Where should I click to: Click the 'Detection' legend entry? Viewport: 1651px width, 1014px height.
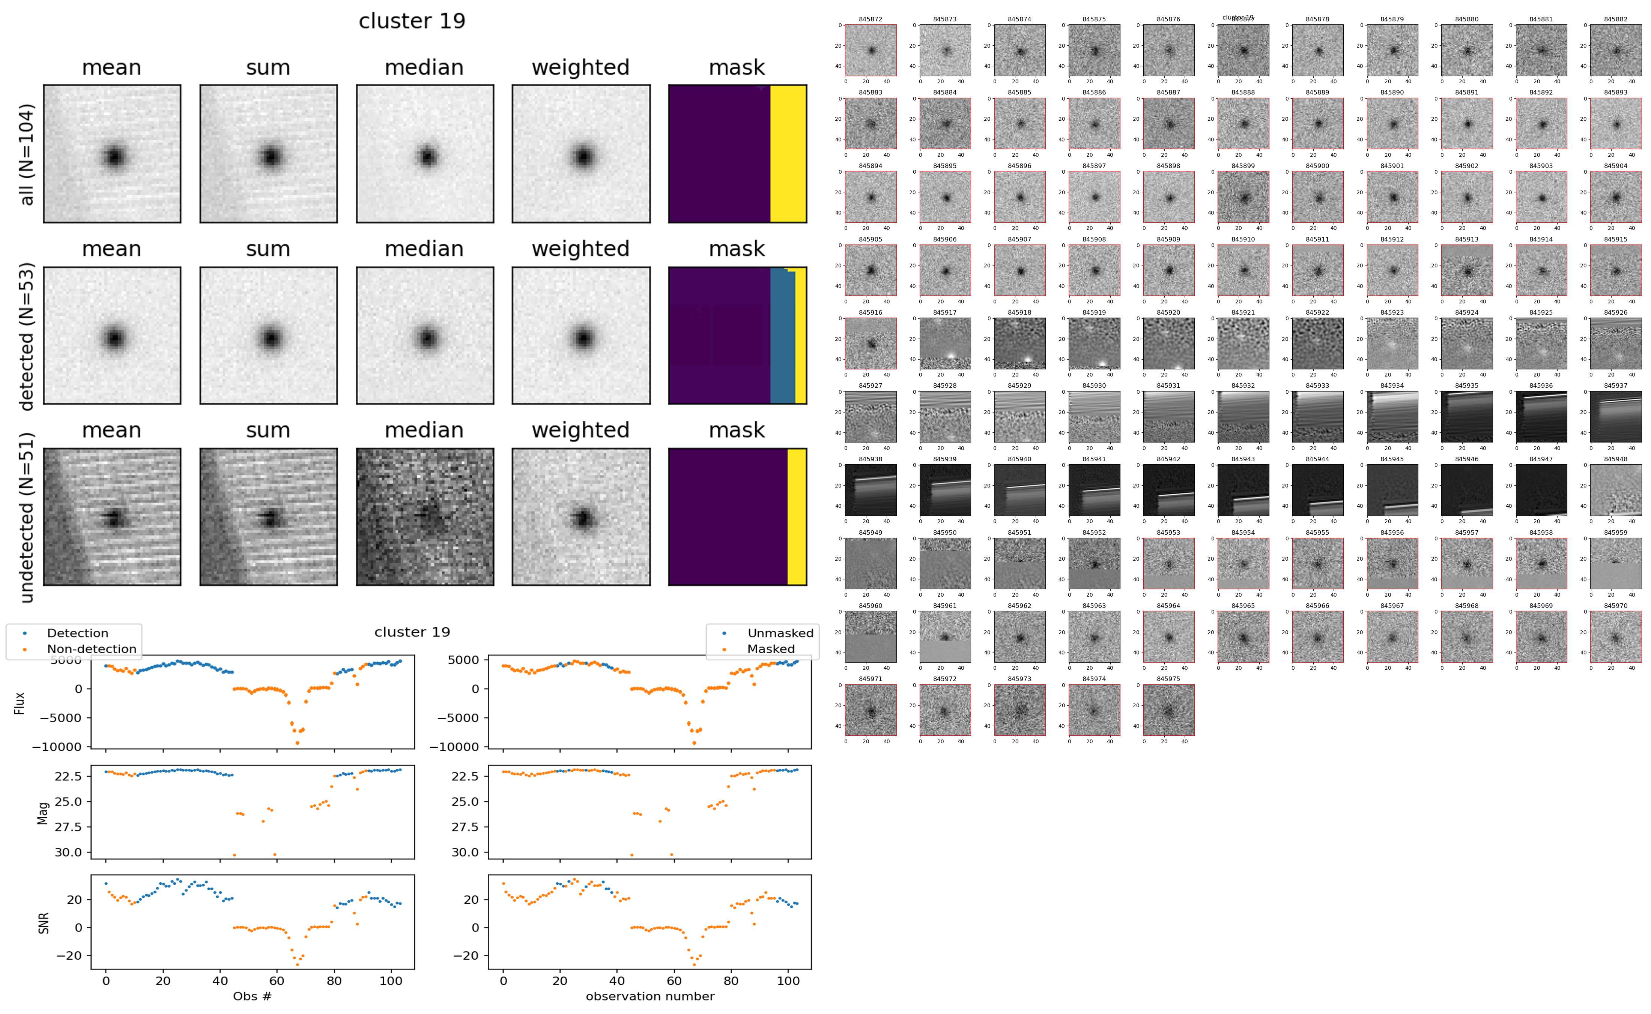pyautogui.click(x=77, y=633)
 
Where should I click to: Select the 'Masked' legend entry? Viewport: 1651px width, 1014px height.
pyautogui.click(x=770, y=648)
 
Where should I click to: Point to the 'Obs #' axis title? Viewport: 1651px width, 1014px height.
pyautogui.click(x=252, y=996)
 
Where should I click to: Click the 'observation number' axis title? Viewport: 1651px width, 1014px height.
pyautogui.click(x=650, y=996)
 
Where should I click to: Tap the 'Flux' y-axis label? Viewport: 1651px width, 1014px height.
pyautogui.click(x=20, y=703)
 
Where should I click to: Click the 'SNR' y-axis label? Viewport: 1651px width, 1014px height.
pyautogui.click(x=44, y=922)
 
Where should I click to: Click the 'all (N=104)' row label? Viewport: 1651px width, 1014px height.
pyautogui.click(x=27, y=154)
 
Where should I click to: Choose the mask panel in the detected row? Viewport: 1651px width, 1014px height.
pyautogui.click(x=737, y=335)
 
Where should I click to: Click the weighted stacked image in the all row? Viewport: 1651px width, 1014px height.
pyautogui.click(x=581, y=154)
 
